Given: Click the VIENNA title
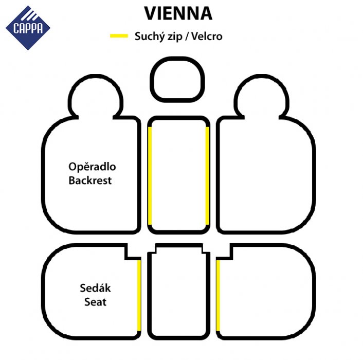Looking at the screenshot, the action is (x=178, y=13).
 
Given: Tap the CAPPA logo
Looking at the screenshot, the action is (x=28, y=28).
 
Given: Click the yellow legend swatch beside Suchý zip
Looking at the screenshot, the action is (x=119, y=36).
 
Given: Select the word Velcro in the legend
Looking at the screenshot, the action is (x=207, y=37).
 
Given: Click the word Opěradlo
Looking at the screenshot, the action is (x=92, y=167).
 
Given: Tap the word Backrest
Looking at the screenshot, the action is (x=90, y=181).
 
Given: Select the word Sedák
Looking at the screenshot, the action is (x=96, y=288).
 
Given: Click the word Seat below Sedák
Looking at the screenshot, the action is (x=96, y=302).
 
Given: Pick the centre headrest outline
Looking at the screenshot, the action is (x=177, y=79).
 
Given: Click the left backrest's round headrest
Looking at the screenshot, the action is (x=96, y=97).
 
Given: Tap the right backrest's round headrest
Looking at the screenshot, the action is (x=262, y=97).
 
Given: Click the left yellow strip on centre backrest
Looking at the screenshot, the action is (x=150, y=176).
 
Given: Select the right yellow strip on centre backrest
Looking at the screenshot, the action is (x=207, y=176).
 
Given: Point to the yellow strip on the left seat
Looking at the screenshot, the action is (x=139, y=295).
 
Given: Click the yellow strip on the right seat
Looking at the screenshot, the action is (x=218, y=295).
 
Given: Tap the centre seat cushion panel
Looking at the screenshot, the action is (x=179, y=292).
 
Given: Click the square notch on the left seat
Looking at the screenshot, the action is (x=133, y=251).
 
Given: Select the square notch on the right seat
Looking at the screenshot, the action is (x=225, y=251).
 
